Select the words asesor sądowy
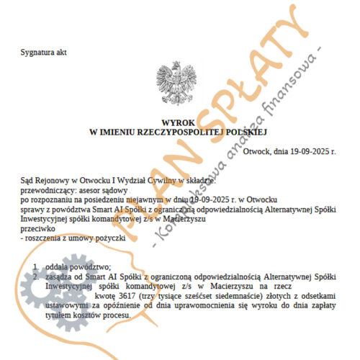pyautogui.click(x=102, y=184)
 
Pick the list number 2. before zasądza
pyautogui.click(x=37, y=276)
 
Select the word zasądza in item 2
pyautogui.click(x=61, y=276)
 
